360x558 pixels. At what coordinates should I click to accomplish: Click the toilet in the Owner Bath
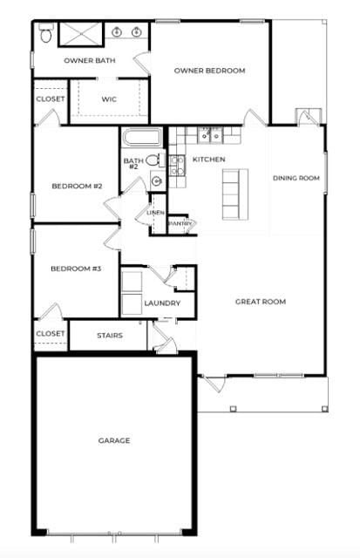point(46,33)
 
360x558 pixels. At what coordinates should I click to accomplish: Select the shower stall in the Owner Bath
point(81,34)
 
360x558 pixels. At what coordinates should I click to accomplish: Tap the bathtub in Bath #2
point(141,138)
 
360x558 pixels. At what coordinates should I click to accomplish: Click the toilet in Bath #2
point(155,160)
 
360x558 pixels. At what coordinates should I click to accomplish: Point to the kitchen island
point(235,194)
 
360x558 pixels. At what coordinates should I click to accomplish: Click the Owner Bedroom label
point(209,71)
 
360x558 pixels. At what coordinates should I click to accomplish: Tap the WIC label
point(109,99)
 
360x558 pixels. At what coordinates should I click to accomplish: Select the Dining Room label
point(296,178)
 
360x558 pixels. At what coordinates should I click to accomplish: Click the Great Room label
point(261,302)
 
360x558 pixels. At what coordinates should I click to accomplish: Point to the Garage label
point(114,440)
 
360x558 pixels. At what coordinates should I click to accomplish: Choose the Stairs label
point(110,335)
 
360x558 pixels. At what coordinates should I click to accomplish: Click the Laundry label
point(162,303)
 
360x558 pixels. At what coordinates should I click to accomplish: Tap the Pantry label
point(181,223)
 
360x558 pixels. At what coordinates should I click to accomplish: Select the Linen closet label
point(155,213)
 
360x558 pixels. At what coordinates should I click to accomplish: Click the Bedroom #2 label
point(77,186)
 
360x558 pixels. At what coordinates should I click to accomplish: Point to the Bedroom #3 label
point(76,269)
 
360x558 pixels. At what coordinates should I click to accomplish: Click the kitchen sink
point(210,135)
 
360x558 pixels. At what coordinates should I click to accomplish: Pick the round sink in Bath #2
point(157,181)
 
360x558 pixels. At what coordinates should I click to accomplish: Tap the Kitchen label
point(208,159)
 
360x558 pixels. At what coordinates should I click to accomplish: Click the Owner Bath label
point(90,60)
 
